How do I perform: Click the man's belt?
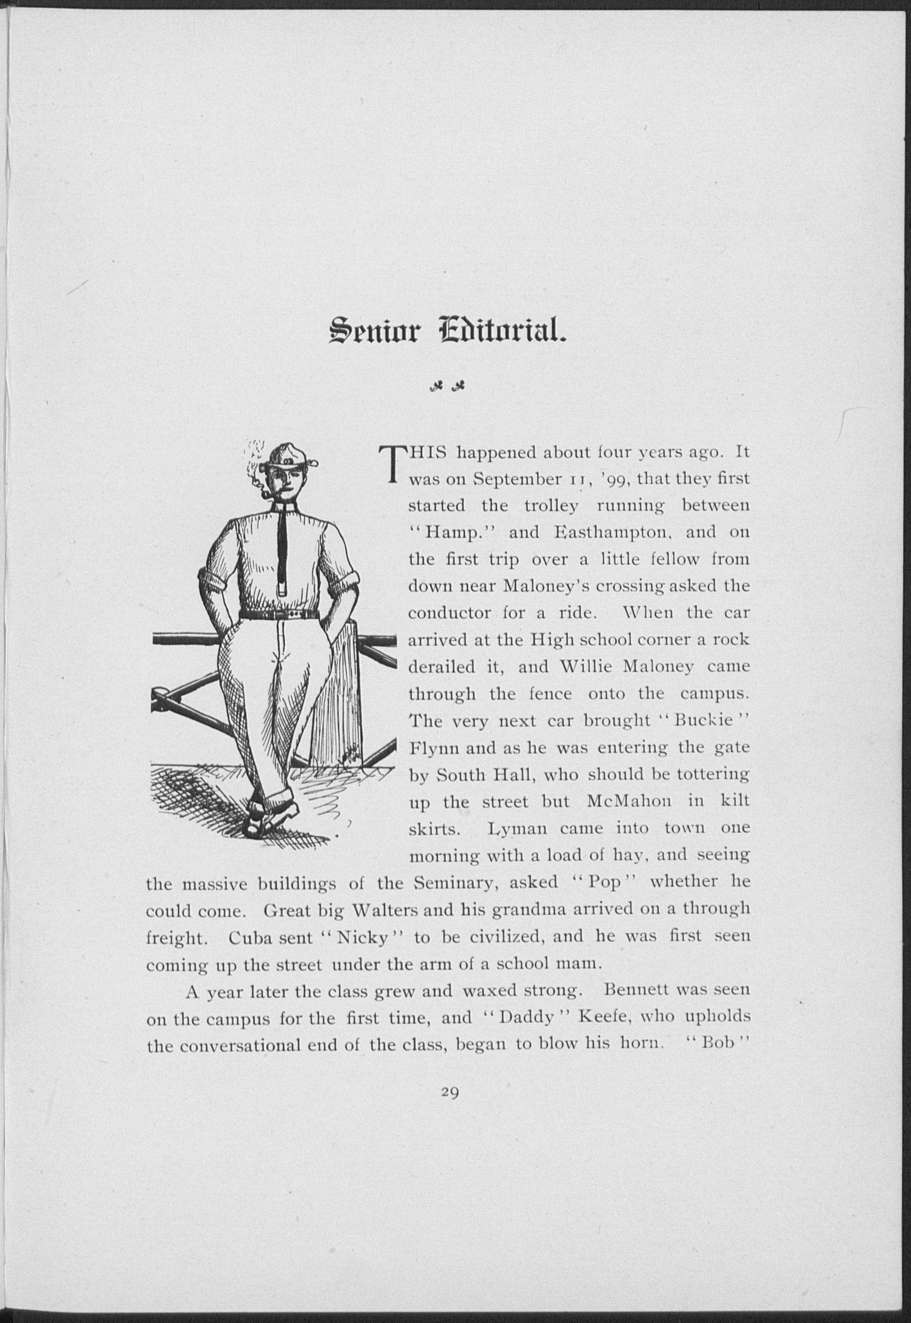tap(279, 615)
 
